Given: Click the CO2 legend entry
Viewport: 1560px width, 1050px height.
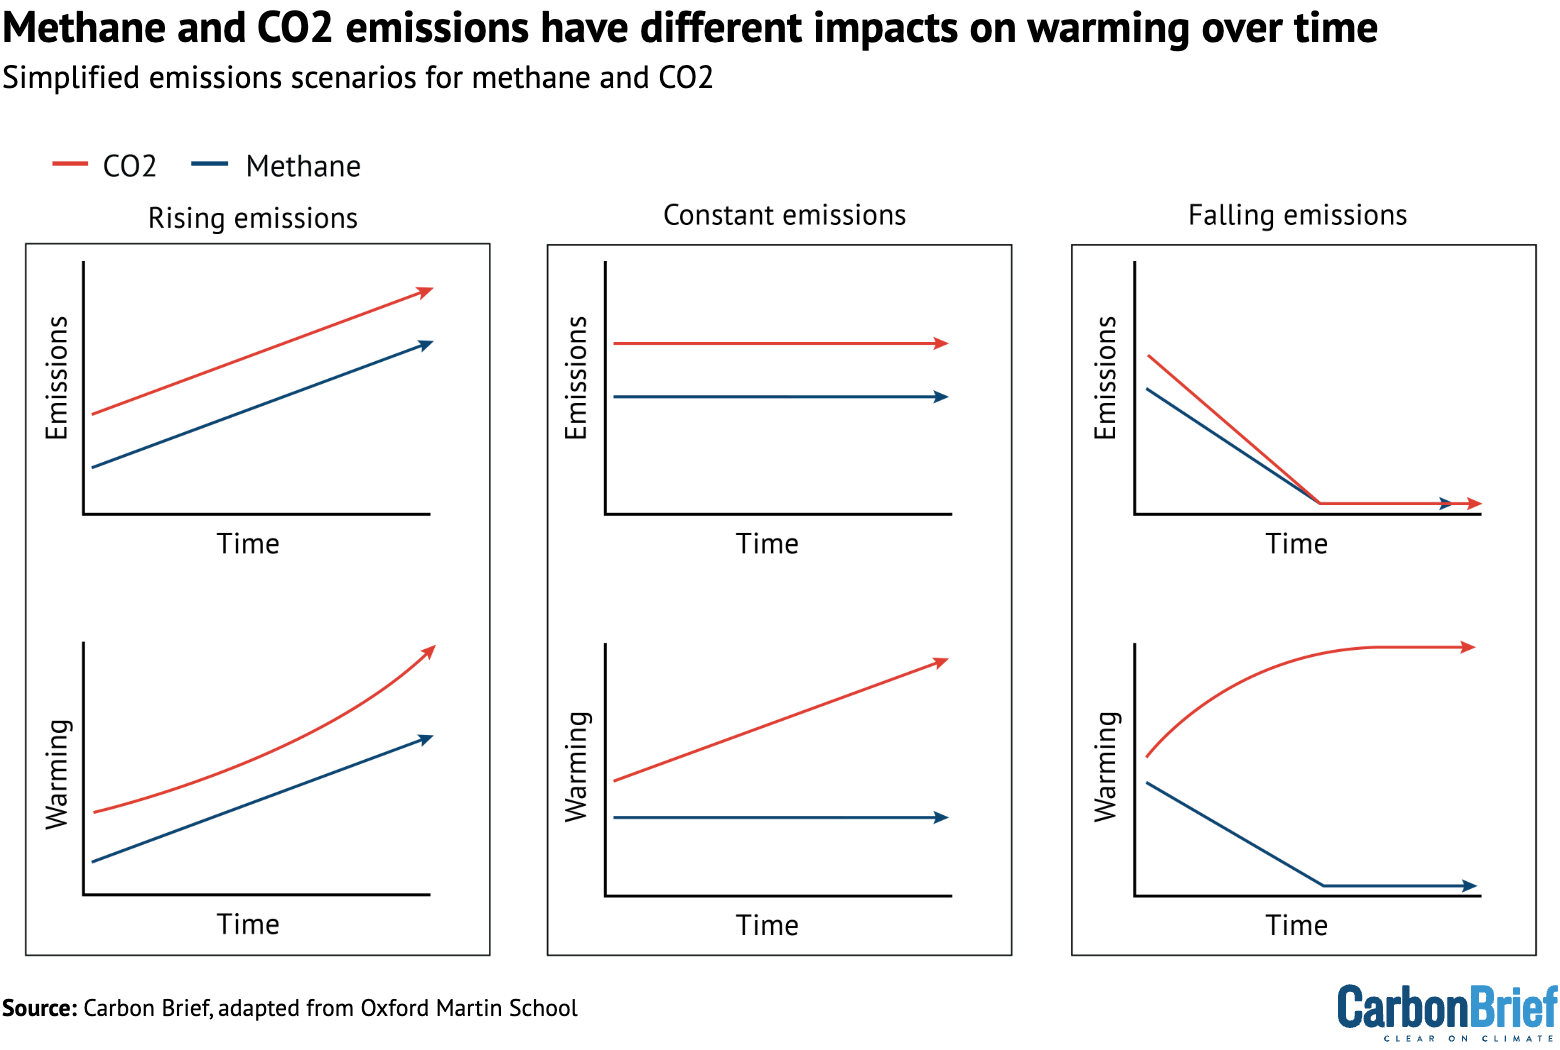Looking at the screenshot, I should [105, 166].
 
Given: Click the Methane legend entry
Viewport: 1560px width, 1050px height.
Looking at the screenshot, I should [277, 166].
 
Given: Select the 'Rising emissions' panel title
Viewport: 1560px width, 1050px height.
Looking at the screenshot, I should [253, 218].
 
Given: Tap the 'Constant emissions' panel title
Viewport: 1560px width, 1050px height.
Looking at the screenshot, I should [784, 215].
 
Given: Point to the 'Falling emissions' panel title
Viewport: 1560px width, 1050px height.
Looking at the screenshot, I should [1297, 215].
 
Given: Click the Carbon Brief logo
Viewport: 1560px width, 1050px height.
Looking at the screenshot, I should [1447, 1010].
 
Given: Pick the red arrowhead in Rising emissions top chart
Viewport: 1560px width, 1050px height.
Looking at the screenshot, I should [426, 291].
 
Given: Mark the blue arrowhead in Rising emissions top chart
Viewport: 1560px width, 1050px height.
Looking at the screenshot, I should [426, 344].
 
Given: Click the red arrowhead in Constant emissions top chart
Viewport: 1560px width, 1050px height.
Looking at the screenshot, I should [941, 343].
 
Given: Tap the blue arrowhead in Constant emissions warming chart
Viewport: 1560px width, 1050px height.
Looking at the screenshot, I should [941, 818].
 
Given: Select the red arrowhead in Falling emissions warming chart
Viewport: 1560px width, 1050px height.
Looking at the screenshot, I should [1468, 647].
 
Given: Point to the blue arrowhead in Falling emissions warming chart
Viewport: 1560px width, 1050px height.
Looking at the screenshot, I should [1469, 886].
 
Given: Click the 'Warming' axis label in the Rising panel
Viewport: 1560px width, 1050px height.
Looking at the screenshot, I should [58, 774].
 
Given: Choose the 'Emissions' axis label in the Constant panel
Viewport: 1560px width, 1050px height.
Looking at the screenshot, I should [576, 378].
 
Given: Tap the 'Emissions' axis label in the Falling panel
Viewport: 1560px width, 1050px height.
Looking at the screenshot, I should [1105, 378].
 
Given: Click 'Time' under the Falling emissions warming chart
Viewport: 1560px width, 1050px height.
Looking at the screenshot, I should [1296, 925].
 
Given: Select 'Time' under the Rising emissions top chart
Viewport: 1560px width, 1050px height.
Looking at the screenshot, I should [248, 544].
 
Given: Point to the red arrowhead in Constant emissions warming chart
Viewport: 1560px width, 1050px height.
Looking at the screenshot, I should [941, 661].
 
